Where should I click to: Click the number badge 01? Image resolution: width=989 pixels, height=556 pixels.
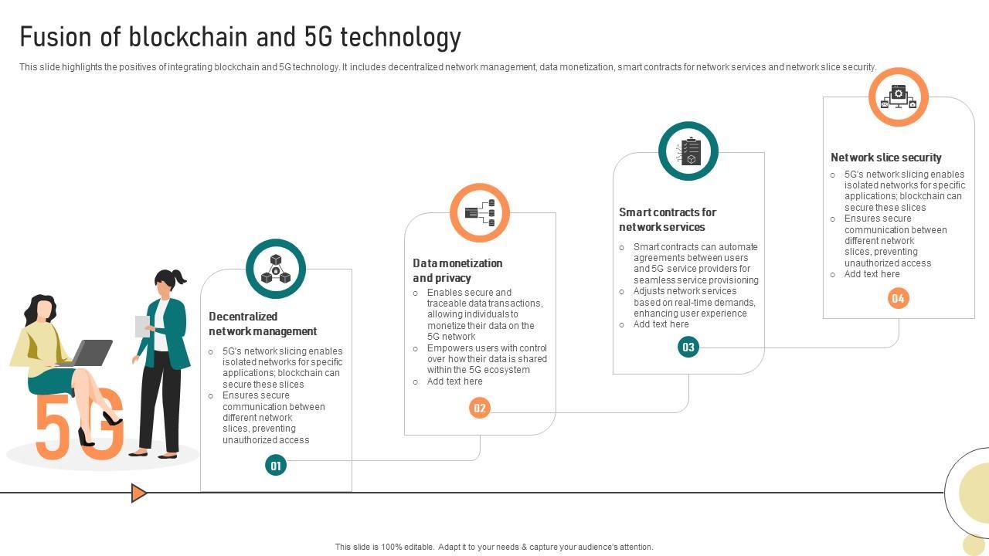click(x=276, y=465)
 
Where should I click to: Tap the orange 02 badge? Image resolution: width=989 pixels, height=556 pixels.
click(x=480, y=408)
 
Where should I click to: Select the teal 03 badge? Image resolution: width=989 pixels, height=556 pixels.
click(x=688, y=347)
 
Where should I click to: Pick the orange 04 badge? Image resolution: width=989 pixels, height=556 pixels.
click(x=898, y=298)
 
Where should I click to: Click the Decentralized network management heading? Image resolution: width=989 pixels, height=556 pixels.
click(x=263, y=324)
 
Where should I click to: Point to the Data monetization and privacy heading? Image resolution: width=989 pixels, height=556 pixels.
click(x=457, y=270)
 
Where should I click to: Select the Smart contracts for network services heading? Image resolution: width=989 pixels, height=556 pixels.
click(x=668, y=219)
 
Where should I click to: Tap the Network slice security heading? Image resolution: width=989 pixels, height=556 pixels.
click(x=885, y=158)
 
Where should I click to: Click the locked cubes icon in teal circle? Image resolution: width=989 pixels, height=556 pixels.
click(x=276, y=269)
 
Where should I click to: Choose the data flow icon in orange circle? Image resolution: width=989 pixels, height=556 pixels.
click(x=480, y=212)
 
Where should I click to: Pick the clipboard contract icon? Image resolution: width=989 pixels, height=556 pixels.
click(x=688, y=151)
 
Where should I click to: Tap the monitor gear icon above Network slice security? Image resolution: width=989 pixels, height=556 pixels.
click(x=898, y=97)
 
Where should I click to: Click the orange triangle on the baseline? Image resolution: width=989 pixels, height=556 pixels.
click(x=138, y=493)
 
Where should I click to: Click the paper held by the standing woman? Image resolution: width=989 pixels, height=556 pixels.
click(x=142, y=326)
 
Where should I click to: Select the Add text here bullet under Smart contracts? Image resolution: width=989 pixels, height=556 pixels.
click(x=661, y=324)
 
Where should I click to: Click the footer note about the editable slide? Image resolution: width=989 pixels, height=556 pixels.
click(x=494, y=547)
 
